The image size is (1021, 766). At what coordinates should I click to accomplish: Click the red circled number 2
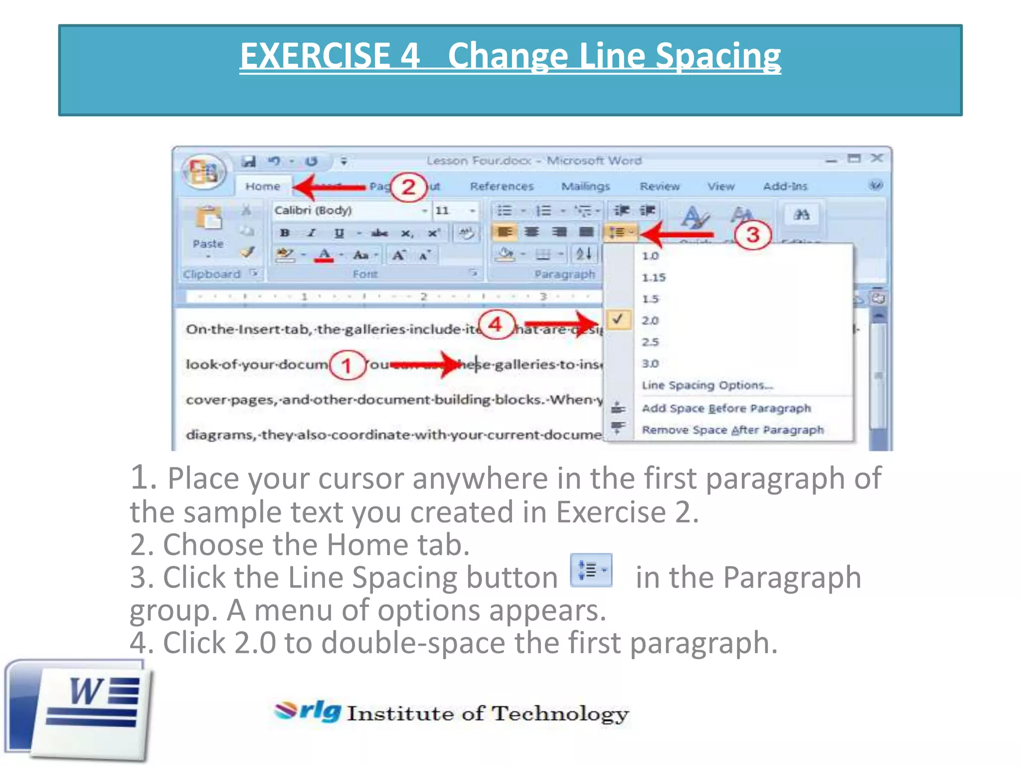click(x=408, y=187)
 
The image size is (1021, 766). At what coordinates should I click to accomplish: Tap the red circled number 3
click(x=752, y=234)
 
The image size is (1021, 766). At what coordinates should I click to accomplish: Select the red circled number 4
click(x=495, y=325)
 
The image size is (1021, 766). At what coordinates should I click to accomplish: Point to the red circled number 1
click(x=346, y=365)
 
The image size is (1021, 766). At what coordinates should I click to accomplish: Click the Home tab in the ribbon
click(x=263, y=187)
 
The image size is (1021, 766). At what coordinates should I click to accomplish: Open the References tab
click(x=502, y=187)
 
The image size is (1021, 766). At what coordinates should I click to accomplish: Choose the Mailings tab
click(x=585, y=187)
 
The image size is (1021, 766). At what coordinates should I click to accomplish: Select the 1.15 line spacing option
click(x=654, y=278)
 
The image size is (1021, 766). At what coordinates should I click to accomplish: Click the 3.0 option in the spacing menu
click(x=650, y=364)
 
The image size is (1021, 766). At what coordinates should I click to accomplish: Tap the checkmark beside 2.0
click(x=618, y=320)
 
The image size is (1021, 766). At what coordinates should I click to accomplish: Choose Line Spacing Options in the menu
click(x=707, y=385)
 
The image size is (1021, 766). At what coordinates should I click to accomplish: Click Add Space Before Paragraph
click(x=726, y=408)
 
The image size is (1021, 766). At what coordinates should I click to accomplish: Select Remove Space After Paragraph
click(x=732, y=430)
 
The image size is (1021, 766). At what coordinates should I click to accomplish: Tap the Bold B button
click(x=285, y=233)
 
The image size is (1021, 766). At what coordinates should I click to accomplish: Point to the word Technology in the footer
click(x=560, y=714)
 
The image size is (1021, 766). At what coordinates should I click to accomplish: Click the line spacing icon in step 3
click(x=591, y=570)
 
